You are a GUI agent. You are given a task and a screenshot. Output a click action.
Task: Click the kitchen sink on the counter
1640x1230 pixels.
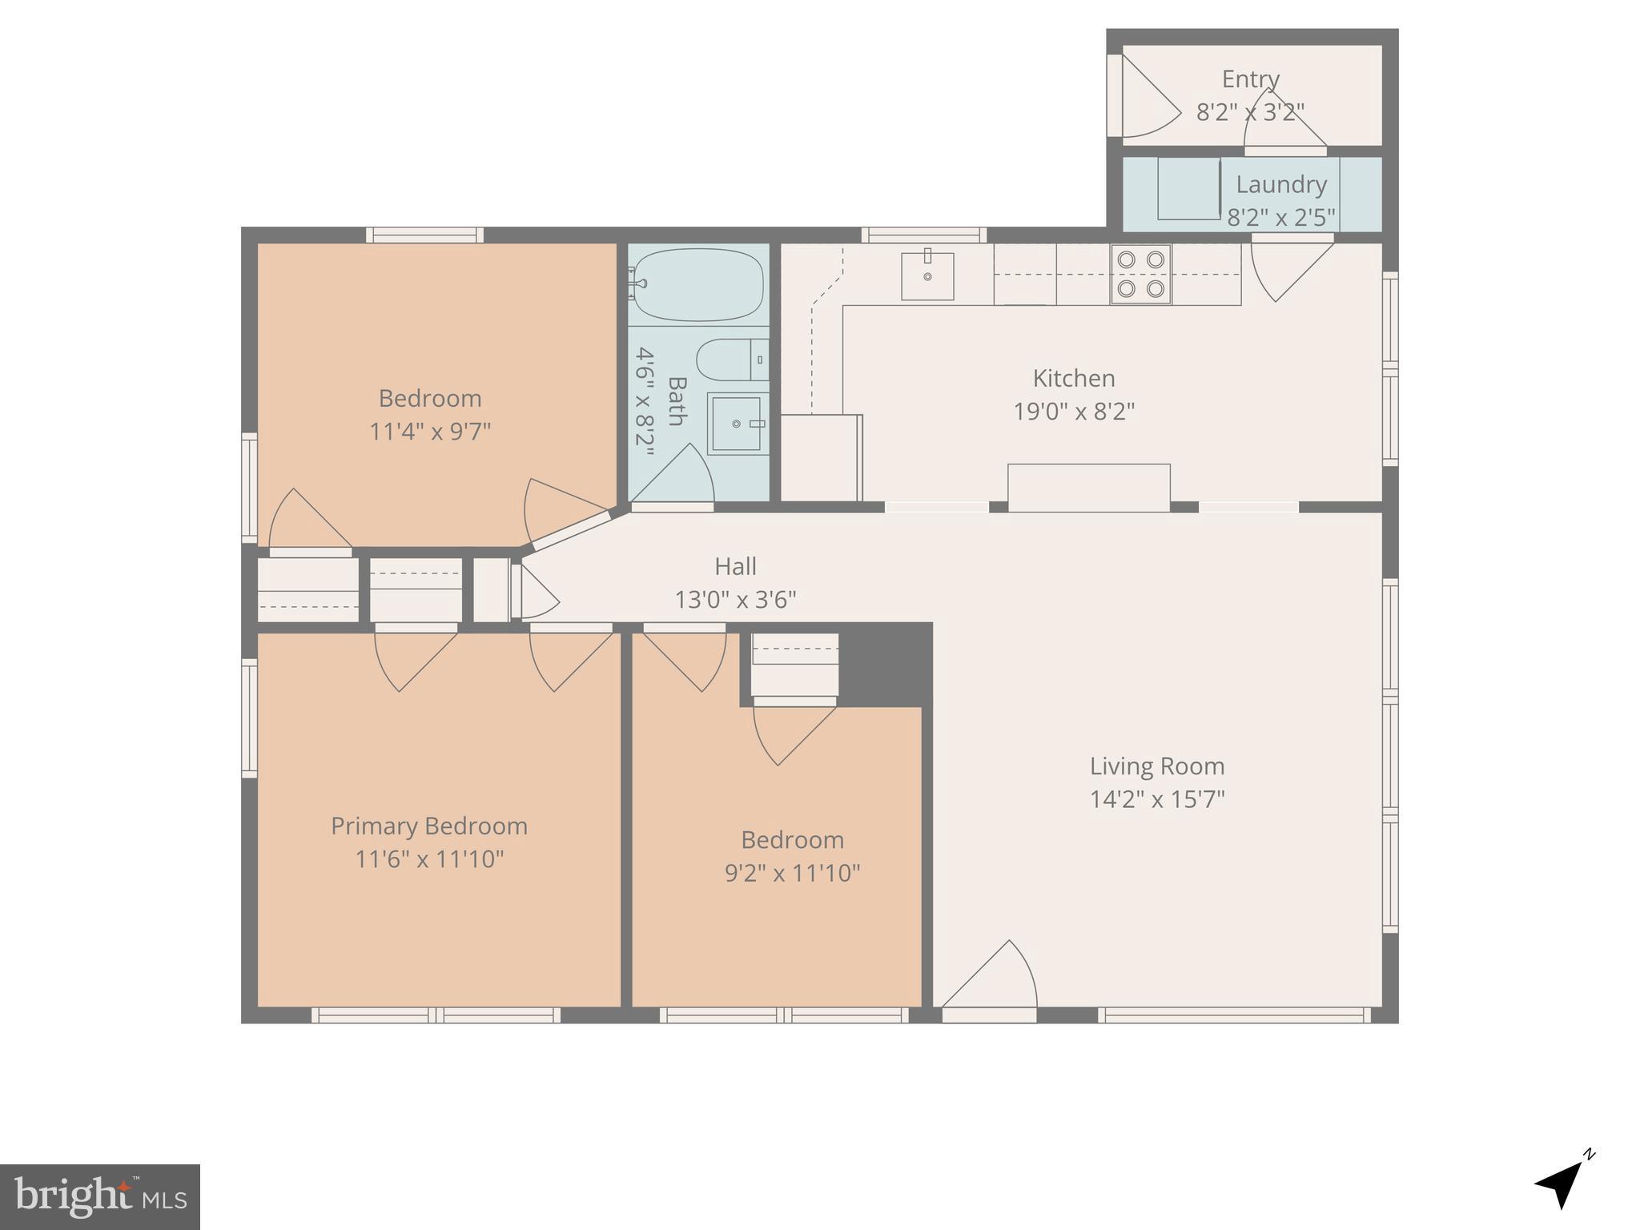(x=927, y=276)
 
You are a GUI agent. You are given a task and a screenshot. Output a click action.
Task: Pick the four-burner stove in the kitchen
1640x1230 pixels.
(x=1141, y=274)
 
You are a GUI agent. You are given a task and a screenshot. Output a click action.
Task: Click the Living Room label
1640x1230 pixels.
(x=1157, y=766)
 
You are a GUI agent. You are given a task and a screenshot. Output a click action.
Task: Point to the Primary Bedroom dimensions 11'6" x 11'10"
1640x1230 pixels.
(x=429, y=859)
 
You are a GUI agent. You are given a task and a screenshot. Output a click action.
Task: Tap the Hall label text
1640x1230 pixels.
(x=735, y=567)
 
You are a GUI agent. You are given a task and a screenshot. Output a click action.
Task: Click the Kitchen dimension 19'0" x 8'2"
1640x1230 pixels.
(x=1074, y=412)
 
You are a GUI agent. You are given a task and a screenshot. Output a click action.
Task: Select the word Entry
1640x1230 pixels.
(x=1250, y=79)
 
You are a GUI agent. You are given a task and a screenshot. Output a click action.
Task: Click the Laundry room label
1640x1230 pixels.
(x=1281, y=184)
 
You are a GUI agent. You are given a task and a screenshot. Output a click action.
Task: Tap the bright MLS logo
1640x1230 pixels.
(x=100, y=1196)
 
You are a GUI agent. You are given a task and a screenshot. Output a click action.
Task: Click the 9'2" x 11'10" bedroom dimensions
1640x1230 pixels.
(x=792, y=873)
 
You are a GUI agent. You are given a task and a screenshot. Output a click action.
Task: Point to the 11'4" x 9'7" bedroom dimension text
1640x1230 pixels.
(x=429, y=432)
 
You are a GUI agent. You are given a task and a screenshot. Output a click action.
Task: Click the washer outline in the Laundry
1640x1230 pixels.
(x=1188, y=189)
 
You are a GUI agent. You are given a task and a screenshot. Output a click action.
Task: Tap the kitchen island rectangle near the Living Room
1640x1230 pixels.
(x=1088, y=486)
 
